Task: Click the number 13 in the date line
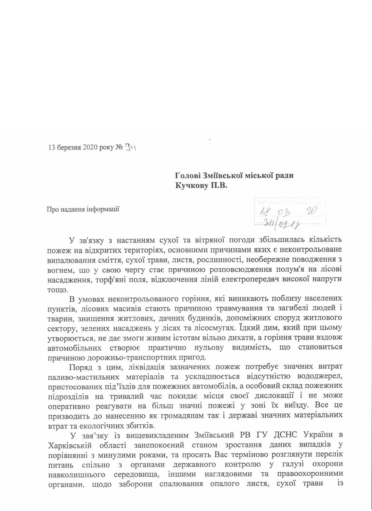52,147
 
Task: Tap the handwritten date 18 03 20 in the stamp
286,213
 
